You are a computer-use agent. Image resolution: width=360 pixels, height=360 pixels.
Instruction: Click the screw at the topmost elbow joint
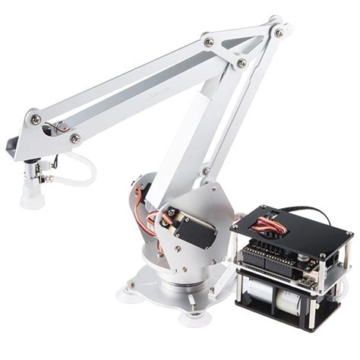click(279, 33)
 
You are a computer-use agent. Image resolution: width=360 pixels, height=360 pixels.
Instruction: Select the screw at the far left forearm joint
click(35, 118)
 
